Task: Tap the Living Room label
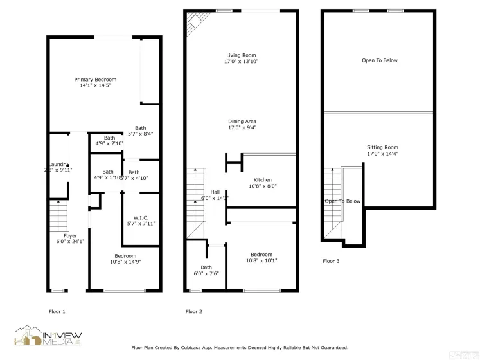pos(241,55)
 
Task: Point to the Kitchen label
pos(262,180)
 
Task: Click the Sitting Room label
pos(382,147)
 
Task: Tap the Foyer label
pos(69,235)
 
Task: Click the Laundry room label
pos(58,164)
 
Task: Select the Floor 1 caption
pos(57,312)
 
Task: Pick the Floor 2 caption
pos(194,312)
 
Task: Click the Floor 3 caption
pos(331,261)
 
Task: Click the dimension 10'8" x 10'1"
pos(262,260)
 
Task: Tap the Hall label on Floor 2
pos(215,192)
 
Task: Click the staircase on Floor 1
pos(58,215)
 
